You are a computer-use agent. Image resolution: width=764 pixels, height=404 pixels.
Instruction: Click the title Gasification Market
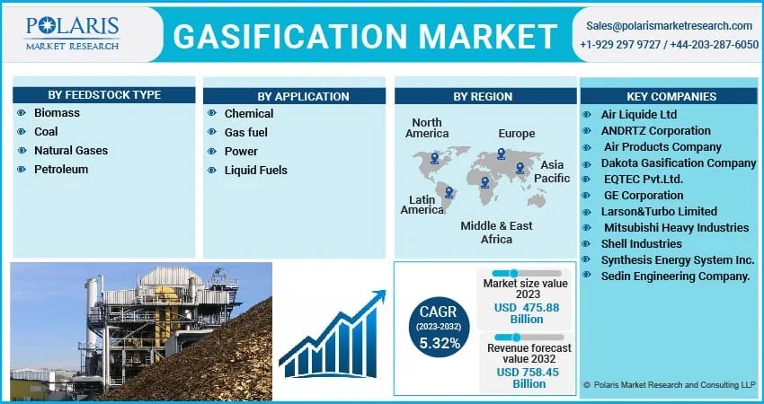(x=364, y=36)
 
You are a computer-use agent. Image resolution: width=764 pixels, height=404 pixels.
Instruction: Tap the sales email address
(x=669, y=25)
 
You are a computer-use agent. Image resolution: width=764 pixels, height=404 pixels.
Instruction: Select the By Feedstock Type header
(x=104, y=96)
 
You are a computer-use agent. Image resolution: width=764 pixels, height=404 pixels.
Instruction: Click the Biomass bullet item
(x=57, y=113)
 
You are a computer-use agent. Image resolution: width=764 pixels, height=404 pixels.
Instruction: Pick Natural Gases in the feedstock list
(x=70, y=150)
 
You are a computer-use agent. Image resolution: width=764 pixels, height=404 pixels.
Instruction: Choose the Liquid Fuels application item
(x=255, y=170)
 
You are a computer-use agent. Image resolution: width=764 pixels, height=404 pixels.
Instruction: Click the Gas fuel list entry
(x=246, y=132)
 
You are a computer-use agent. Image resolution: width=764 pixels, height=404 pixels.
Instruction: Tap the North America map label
(x=427, y=128)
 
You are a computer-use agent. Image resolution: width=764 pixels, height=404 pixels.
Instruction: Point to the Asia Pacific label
(x=552, y=171)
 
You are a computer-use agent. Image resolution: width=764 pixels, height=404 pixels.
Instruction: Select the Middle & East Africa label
(x=496, y=233)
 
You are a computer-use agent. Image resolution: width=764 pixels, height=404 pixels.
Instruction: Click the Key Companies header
(x=671, y=96)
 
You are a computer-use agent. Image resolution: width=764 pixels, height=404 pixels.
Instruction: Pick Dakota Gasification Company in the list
(x=680, y=163)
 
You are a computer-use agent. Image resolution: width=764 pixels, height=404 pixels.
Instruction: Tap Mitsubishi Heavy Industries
(x=676, y=228)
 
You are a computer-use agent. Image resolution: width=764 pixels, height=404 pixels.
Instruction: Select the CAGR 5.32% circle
(x=440, y=326)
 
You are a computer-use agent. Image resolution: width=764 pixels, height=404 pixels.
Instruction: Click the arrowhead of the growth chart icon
(x=378, y=296)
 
